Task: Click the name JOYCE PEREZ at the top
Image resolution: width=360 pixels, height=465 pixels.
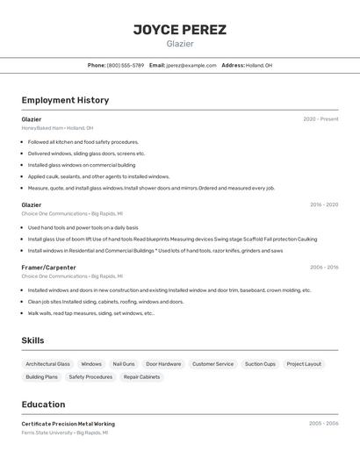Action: click(180, 30)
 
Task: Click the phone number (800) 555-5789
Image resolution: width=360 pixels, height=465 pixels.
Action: click(126, 65)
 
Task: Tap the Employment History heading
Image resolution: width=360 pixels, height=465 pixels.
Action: click(65, 100)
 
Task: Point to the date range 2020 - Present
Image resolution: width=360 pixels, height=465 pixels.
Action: click(320, 119)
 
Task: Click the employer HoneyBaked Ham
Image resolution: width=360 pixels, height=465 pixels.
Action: click(41, 128)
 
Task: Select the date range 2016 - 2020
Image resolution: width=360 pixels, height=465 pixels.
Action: click(323, 204)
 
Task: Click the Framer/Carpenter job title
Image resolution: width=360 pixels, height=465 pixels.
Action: click(48, 267)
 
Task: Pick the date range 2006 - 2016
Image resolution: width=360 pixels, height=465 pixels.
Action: click(323, 267)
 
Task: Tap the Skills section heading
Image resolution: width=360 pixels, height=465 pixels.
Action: click(32, 340)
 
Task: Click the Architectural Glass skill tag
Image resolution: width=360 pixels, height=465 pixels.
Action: click(47, 364)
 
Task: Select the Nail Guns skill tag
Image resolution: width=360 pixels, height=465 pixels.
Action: click(124, 364)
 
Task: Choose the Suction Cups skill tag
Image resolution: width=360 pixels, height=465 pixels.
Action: click(260, 364)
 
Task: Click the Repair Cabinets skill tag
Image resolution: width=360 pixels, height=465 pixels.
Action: click(141, 377)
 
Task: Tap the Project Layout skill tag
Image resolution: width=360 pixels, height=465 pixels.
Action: click(304, 364)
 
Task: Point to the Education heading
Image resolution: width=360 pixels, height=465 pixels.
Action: click(43, 404)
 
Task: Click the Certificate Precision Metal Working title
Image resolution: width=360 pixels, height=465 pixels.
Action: click(68, 424)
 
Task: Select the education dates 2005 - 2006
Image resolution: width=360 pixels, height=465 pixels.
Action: click(323, 424)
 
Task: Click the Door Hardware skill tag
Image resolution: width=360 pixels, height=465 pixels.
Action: click(163, 364)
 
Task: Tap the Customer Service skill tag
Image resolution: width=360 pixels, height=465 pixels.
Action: click(212, 364)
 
